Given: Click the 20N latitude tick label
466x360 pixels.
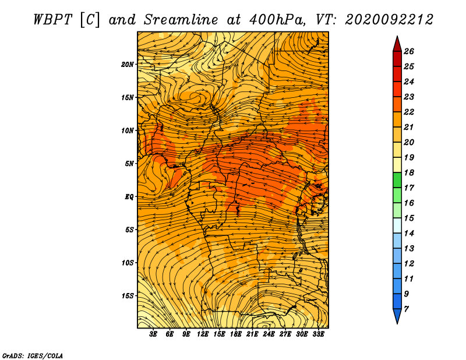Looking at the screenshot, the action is (127, 64).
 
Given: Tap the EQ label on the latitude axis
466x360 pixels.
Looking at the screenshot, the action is (129, 196).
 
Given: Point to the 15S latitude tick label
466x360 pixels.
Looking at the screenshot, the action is (128, 296).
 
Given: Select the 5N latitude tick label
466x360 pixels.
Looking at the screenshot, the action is (129, 164).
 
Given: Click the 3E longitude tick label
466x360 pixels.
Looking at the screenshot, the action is (153, 334).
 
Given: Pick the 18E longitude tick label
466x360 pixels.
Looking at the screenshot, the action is (236, 334).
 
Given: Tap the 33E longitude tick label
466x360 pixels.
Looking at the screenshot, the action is (318, 334).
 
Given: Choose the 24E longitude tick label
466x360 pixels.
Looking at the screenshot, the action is (269, 334).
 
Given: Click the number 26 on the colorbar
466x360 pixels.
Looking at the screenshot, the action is (409, 51).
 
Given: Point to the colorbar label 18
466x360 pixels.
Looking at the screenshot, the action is (409, 172).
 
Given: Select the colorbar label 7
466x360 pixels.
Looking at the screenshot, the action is (406, 309).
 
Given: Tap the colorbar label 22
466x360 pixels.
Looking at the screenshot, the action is (409, 112).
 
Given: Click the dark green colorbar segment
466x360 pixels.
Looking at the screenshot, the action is (397, 180).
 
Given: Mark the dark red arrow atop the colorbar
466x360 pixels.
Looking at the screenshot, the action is (397, 45).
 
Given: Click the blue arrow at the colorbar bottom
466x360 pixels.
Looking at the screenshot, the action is (397, 316).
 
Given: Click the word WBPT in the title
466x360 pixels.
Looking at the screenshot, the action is (52, 20).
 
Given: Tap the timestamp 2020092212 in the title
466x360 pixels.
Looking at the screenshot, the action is (389, 20).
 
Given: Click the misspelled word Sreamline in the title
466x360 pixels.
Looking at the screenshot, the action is (181, 20).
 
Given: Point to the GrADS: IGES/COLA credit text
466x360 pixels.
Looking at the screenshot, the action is (33, 355).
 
